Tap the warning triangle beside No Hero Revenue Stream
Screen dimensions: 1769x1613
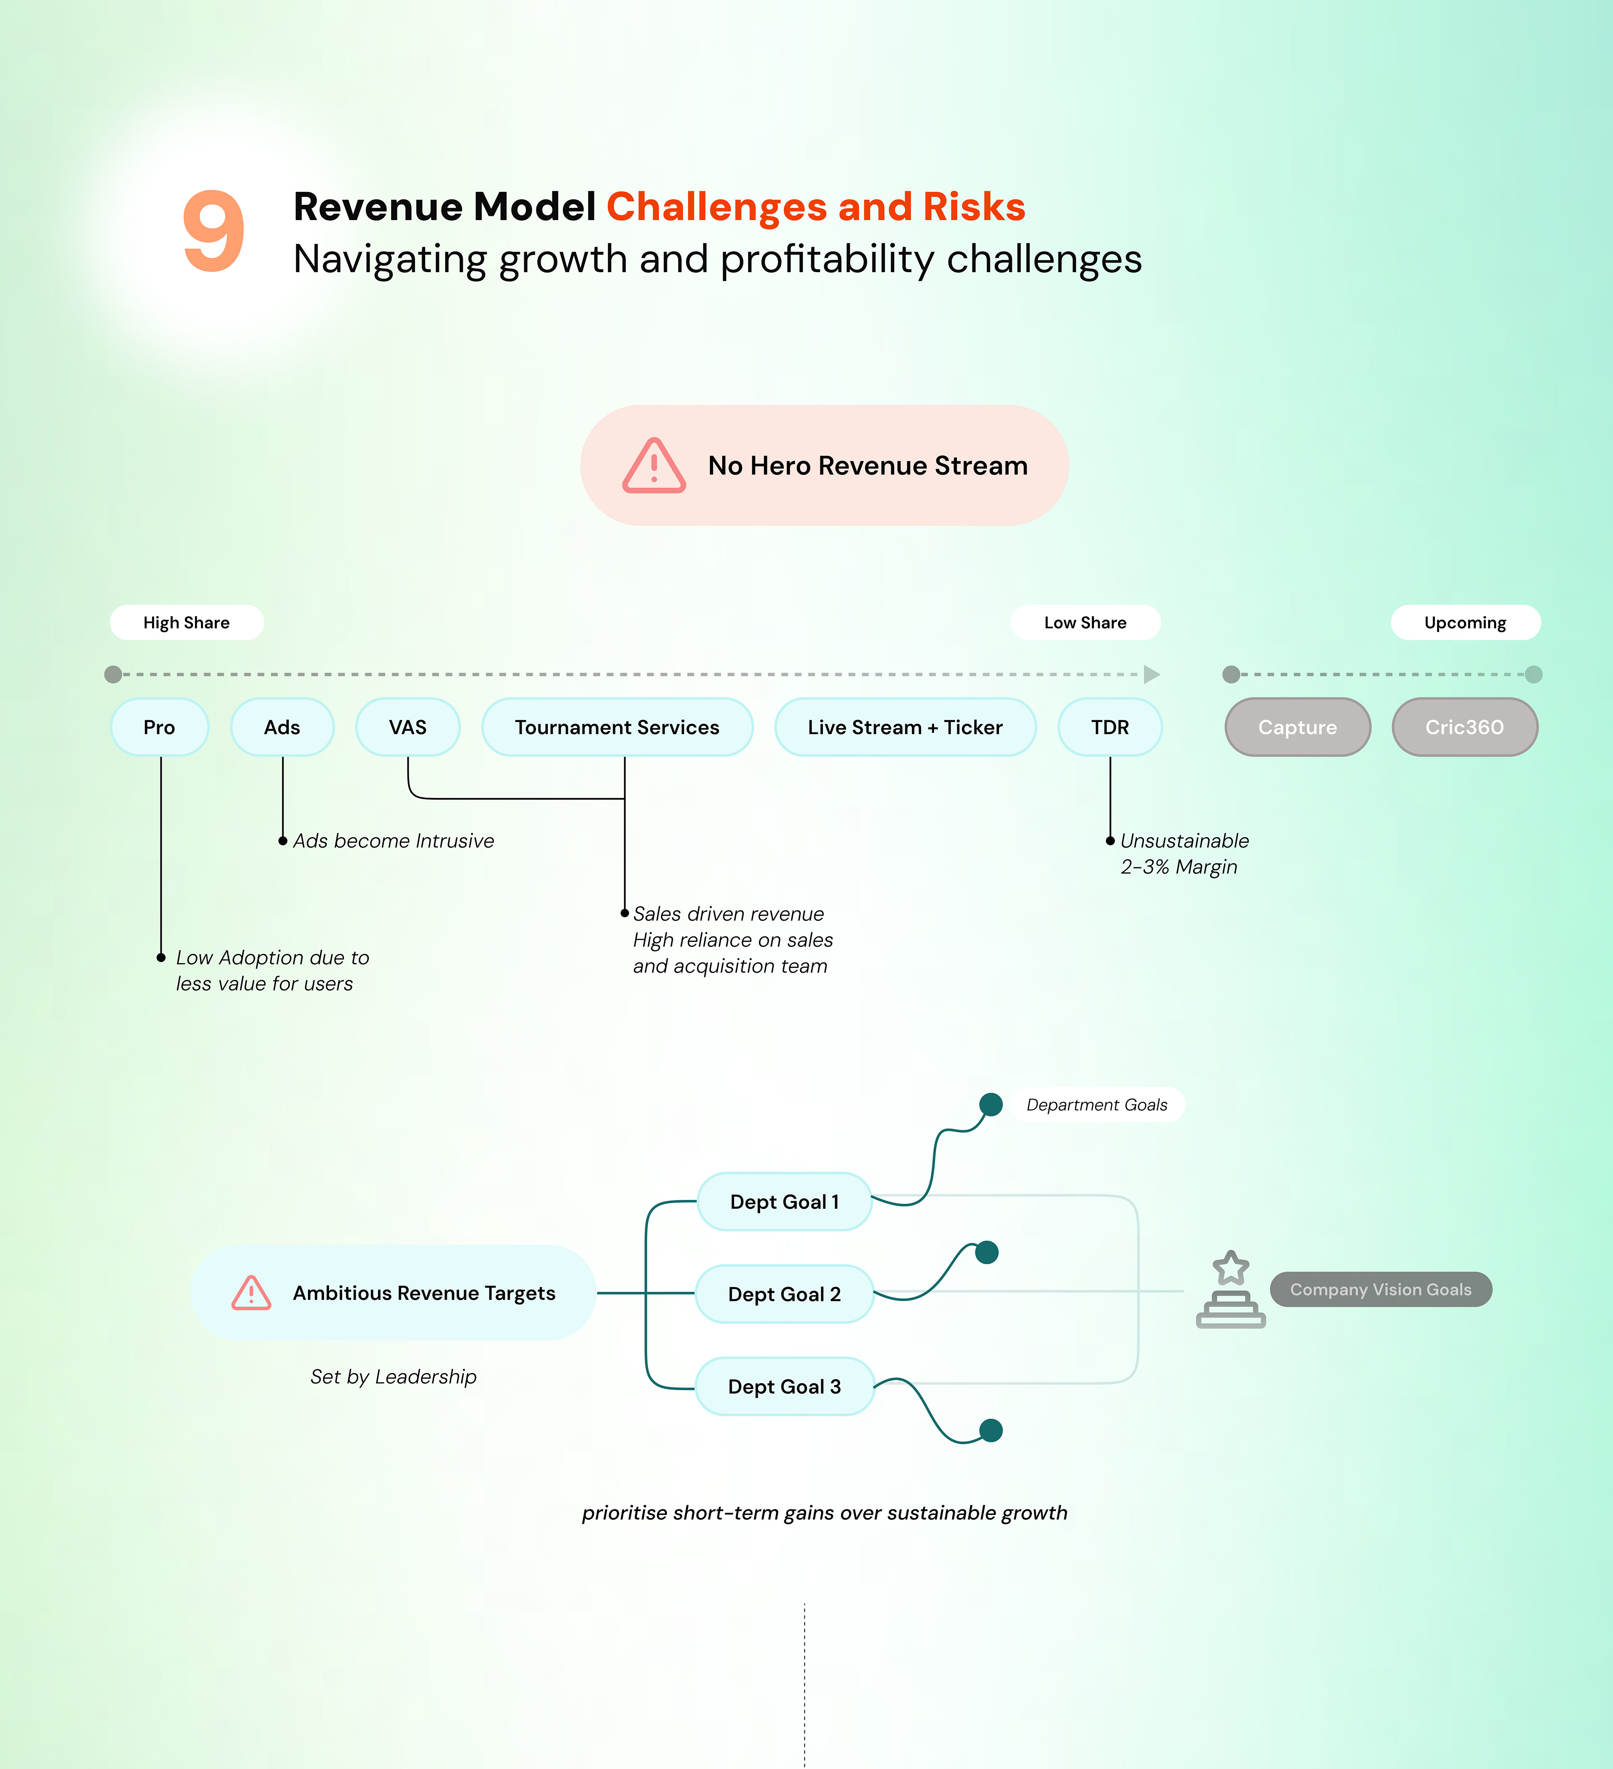(x=654, y=466)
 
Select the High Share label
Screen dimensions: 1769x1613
(x=186, y=622)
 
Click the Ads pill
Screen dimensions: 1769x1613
(x=282, y=727)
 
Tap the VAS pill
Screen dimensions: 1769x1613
(x=408, y=727)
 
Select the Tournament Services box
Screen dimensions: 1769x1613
(x=617, y=727)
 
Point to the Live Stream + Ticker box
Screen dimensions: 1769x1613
(x=905, y=727)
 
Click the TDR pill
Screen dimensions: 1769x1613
(x=1110, y=727)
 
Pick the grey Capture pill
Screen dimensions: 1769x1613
(x=1297, y=727)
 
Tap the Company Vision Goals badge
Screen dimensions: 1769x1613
(x=1380, y=1289)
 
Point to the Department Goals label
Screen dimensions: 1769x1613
(x=1097, y=1105)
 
